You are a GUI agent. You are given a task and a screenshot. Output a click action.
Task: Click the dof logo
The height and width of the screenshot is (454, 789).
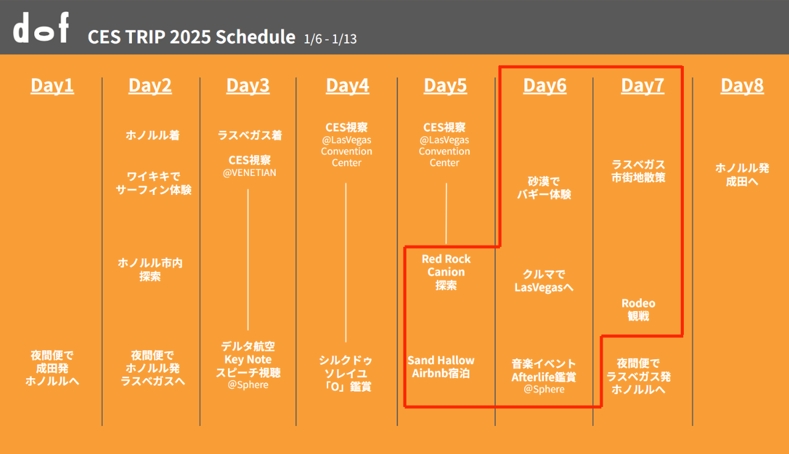[41, 27]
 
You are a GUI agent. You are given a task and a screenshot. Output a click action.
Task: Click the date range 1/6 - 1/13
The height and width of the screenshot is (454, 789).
[330, 38]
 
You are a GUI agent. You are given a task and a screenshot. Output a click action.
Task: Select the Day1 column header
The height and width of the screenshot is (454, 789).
[52, 85]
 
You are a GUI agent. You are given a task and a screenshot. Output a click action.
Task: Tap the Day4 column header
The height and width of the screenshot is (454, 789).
[347, 85]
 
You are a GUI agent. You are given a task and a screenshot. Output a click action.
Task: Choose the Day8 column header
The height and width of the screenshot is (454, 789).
[742, 85]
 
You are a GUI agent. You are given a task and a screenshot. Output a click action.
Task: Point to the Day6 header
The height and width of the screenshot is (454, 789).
[545, 85]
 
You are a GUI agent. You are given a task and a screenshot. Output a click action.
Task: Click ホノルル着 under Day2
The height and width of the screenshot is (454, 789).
[153, 135]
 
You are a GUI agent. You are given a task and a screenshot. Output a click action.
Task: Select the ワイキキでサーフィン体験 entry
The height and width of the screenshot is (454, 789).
[153, 183]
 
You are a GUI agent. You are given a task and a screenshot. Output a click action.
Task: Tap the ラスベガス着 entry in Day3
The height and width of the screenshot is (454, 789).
[249, 135]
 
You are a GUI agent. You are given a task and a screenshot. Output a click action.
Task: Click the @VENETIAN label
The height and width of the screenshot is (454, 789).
[249, 172]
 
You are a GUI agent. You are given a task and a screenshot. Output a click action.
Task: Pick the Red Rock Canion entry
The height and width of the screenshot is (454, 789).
[446, 272]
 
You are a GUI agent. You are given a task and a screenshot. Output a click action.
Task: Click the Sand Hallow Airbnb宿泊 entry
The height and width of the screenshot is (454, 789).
[441, 367]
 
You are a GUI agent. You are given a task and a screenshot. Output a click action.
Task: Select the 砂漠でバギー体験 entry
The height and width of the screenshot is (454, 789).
[544, 188]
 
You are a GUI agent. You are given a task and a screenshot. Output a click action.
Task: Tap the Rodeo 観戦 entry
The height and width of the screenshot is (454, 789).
[638, 310]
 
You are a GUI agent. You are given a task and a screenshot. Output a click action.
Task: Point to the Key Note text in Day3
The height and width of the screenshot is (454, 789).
[248, 360]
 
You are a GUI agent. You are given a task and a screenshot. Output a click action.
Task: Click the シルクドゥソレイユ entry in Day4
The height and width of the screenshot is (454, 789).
[345, 367]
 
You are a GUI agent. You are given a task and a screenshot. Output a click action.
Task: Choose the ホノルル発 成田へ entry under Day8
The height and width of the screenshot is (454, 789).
[742, 175]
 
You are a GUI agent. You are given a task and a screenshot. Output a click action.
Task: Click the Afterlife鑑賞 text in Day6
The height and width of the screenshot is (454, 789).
[543, 377]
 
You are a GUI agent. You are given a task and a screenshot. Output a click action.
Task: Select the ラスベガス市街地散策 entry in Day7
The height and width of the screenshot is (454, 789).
[638, 171]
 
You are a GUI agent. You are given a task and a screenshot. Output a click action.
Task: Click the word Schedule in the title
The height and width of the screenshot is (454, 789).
[255, 37]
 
